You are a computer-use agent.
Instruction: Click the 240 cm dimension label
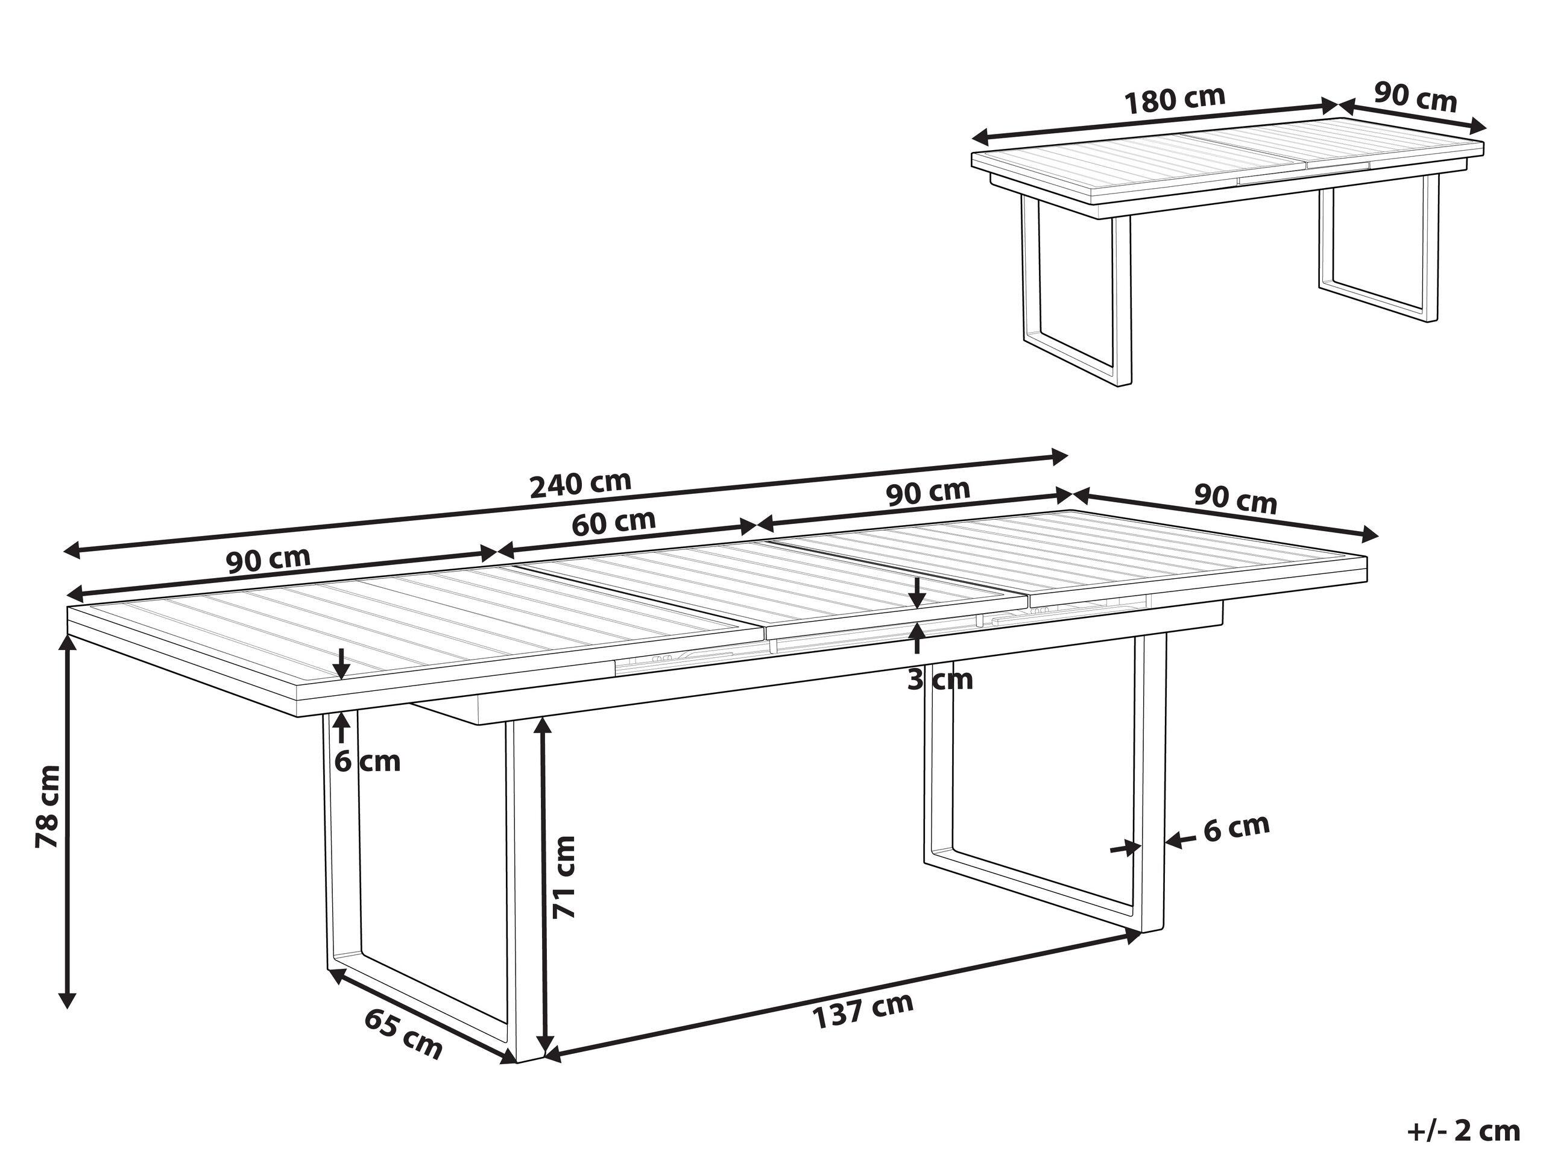581,484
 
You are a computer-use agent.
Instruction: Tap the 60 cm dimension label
614,523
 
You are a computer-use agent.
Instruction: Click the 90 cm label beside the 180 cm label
1416,97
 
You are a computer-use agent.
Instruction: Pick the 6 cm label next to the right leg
1236,828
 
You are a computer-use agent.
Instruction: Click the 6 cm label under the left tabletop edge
368,761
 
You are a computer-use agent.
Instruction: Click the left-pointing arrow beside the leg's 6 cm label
1175,841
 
